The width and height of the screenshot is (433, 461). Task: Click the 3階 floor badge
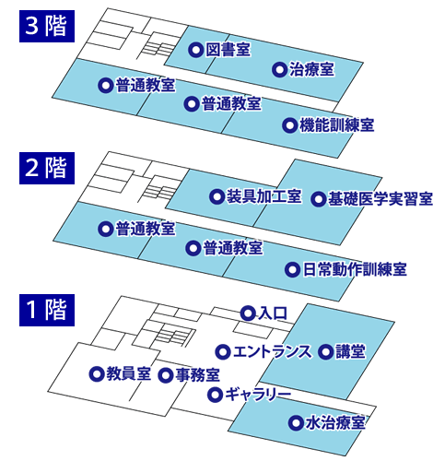[x=47, y=26]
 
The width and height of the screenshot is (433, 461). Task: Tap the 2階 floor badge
[x=47, y=168]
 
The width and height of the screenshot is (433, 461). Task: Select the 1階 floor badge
[x=47, y=310]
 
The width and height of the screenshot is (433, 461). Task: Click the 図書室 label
[x=228, y=50]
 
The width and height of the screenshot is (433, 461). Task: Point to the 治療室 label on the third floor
[x=311, y=69]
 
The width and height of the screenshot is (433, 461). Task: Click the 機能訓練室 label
[x=336, y=125]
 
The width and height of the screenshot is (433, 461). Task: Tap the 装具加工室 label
[x=263, y=196]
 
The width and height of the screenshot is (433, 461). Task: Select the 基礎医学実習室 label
[x=380, y=199]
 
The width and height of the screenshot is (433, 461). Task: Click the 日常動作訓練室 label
[x=355, y=269]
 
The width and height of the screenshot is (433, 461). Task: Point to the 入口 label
[x=273, y=313]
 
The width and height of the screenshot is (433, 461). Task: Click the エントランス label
[x=272, y=351]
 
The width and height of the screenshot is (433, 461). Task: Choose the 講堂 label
[x=350, y=351]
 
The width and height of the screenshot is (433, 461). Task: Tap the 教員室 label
[x=129, y=374]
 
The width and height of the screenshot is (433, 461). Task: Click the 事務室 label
[x=198, y=375]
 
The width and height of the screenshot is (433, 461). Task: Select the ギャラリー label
[x=258, y=395]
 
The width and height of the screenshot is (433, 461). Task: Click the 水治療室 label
[x=335, y=423]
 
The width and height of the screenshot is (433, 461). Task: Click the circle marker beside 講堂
[x=325, y=352]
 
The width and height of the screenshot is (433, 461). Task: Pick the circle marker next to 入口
[x=248, y=313]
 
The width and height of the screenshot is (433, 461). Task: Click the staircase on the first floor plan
[x=169, y=337]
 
